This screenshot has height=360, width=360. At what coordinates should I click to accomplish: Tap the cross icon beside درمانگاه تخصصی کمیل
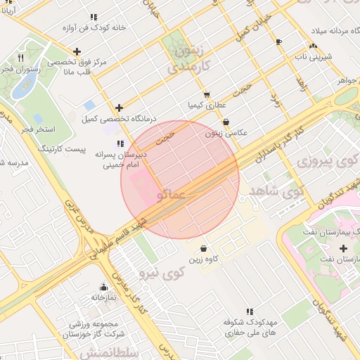[119, 108]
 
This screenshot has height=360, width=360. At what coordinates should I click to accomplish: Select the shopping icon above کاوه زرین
[203, 248]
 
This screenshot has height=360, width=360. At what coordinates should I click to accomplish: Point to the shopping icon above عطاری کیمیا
[206, 94]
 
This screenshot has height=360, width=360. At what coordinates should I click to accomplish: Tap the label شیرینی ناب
[312, 56]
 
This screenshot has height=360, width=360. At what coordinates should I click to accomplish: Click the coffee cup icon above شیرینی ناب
[278, 41]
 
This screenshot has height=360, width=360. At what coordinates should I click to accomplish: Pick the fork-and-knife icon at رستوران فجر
[20, 58]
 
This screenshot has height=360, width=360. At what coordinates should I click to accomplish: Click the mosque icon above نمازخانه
[104, 286]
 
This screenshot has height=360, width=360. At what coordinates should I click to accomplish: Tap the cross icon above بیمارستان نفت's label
[343, 248]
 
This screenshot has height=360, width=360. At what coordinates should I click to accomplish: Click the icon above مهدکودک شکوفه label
[249, 311]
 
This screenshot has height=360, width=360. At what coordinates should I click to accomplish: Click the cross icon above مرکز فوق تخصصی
[77, 51]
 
